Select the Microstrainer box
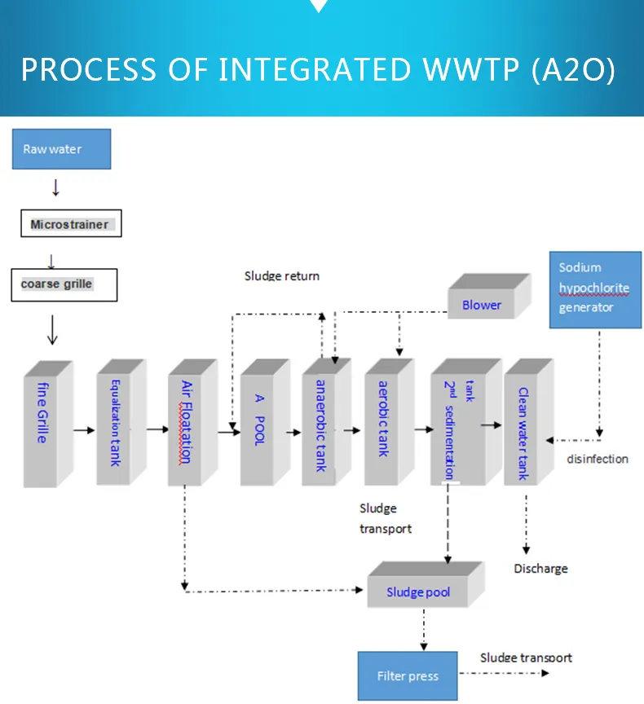click(70, 224)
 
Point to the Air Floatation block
click(189, 424)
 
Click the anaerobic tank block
click(324, 424)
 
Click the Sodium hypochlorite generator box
click(595, 288)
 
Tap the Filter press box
click(408, 675)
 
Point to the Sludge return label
click(282, 276)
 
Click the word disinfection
click(598, 459)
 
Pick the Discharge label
click(540, 568)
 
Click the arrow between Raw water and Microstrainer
click(55, 188)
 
